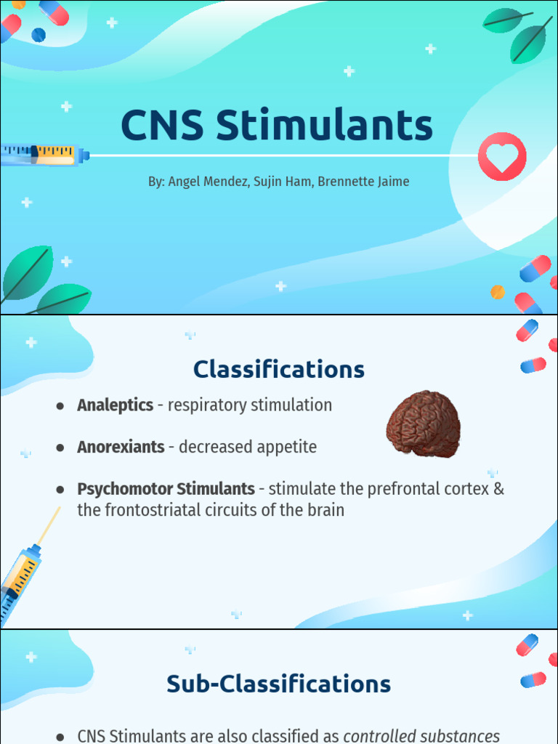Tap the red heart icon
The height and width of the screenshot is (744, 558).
click(x=502, y=157)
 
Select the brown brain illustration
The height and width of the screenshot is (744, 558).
click(x=423, y=424)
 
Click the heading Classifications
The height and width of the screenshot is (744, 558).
click(x=279, y=370)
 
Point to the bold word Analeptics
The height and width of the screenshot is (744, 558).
click(x=115, y=405)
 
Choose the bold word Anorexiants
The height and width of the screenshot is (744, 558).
click(x=121, y=447)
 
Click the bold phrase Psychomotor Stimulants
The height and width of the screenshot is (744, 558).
click(x=166, y=489)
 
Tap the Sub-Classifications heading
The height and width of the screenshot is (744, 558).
click(x=279, y=684)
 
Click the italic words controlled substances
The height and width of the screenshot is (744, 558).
click(x=421, y=736)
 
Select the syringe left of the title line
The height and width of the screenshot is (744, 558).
click(x=44, y=154)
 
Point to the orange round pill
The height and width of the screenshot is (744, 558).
click(x=498, y=292)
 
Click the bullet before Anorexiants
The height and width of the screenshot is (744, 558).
click(x=60, y=448)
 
